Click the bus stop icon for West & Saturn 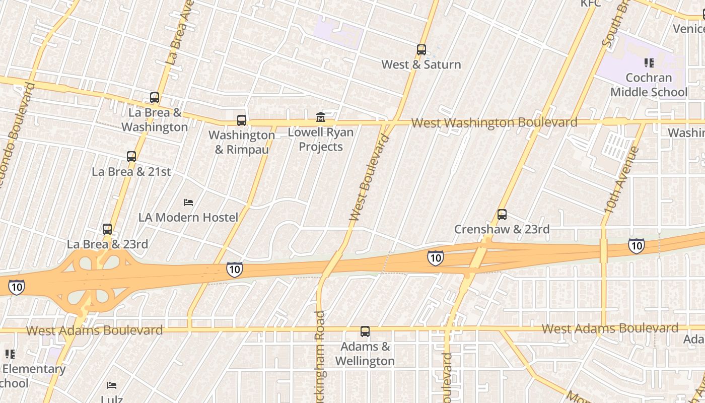coord(421,50)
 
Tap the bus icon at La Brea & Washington coord(155,98)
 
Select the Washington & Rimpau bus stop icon coord(242,120)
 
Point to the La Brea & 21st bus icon coord(131,157)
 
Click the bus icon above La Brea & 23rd coord(107,229)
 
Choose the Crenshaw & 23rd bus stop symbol coord(502,215)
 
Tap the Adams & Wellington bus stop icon coord(365,332)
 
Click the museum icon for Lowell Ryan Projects coord(320,117)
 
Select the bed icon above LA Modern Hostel coord(188,203)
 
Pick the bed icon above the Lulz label coord(112,385)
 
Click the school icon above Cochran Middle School coord(649,63)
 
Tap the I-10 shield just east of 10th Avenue coord(637,245)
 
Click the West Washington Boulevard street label coord(494,122)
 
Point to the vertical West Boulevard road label coord(369,178)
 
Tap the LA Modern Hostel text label coord(188,217)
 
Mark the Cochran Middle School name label coord(649,85)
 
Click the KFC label coord(591,4)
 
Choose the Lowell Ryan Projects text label coord(321,140)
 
